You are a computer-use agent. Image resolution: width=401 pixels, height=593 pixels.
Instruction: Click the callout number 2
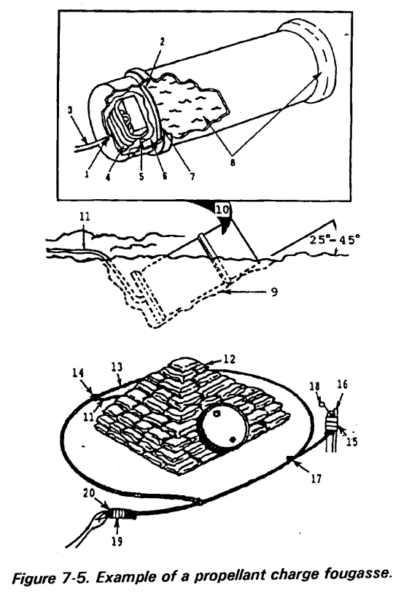click(162, 42)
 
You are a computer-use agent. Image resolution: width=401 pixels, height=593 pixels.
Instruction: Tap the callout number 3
click(70, 110)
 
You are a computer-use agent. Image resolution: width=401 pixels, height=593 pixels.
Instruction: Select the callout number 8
click(233, 163)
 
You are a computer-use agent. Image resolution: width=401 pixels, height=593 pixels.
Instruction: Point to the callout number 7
click(192, 177)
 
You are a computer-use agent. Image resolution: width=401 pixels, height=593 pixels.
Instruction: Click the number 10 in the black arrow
click(223, 209)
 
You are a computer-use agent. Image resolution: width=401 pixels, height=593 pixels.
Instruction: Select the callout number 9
click(274, 292)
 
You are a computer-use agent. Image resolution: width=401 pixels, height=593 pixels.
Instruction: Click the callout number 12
click(229, 359)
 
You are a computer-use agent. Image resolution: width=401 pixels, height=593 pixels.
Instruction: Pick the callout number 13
click(117, 368)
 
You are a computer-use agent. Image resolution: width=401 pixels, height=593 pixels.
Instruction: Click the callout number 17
click(316, 478)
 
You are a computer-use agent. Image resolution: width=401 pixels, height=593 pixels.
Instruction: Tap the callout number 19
click(117, 541)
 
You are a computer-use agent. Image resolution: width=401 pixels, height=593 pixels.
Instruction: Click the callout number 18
click(315, 387)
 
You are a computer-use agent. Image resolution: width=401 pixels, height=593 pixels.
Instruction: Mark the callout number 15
click(352, 441)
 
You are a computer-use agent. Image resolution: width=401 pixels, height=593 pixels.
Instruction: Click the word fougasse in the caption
click(357, 574)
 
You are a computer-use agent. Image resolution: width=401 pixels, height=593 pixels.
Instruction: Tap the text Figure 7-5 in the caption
click(42, 578)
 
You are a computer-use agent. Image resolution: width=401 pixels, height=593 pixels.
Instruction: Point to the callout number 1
click(87, 174)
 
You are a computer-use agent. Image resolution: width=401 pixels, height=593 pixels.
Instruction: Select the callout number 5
click(141, 177)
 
